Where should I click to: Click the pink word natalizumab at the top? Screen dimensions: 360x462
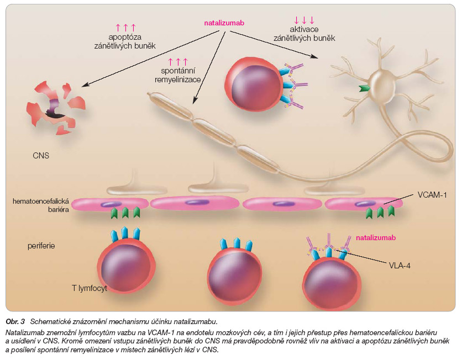tap(224, 24)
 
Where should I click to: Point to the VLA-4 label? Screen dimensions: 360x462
tap(400, 264)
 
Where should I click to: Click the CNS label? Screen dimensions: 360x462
tap(40, 156)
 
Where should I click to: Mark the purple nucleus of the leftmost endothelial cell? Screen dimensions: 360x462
tap(108, 204)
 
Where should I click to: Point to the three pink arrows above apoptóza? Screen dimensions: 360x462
tap(126, 27)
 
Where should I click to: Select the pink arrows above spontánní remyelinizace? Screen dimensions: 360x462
tap(178, 61)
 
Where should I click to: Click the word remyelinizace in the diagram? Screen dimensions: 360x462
tap(178, 80)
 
